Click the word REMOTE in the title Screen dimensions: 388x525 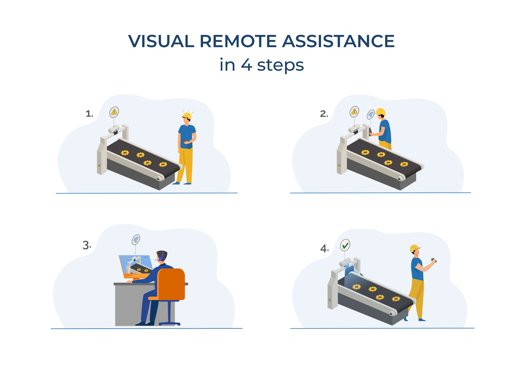click(x=238, y=41)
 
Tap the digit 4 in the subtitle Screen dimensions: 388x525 click(x=246, y=65)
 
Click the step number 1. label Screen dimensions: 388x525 click(x=89, y=114)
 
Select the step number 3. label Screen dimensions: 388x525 click(x=87, y=245)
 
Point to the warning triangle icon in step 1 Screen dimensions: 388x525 click(x=114, y=112)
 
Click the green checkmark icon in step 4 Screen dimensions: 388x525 click(x=345, y=245)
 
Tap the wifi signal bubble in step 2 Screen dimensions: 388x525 click(x=370, y=114)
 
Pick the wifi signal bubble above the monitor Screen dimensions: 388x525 click(x=136, y=240)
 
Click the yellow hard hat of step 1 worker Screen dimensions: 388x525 click(x=187, y=116)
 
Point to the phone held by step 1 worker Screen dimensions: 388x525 click(x=184, y=141)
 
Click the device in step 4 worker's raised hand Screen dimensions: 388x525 click(x=433, y=260)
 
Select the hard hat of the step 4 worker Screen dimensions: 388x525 click(x=414, y=248)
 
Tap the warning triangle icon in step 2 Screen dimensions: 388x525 click(x=354, y=111)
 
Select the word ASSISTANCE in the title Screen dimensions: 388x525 click(x=338, y=41)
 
